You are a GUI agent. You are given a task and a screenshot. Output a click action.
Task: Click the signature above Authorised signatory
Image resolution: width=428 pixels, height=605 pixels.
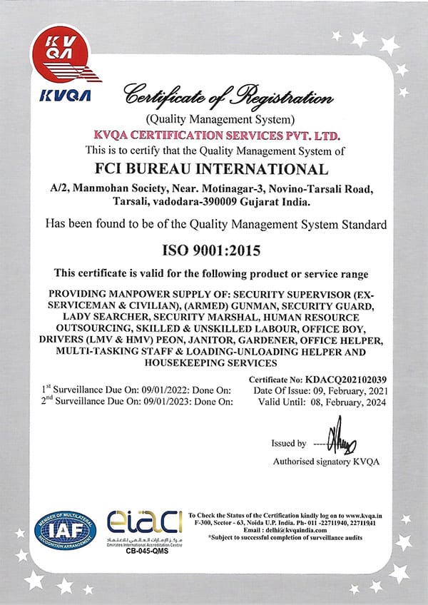[341, 442]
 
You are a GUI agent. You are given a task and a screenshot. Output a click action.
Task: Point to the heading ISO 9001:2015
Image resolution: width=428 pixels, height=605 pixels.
[213, 250]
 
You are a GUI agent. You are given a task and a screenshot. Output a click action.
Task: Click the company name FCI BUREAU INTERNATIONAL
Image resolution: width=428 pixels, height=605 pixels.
[213, 170]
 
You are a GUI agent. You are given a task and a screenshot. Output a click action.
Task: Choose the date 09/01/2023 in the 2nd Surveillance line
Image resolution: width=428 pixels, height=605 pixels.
[168, 402]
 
